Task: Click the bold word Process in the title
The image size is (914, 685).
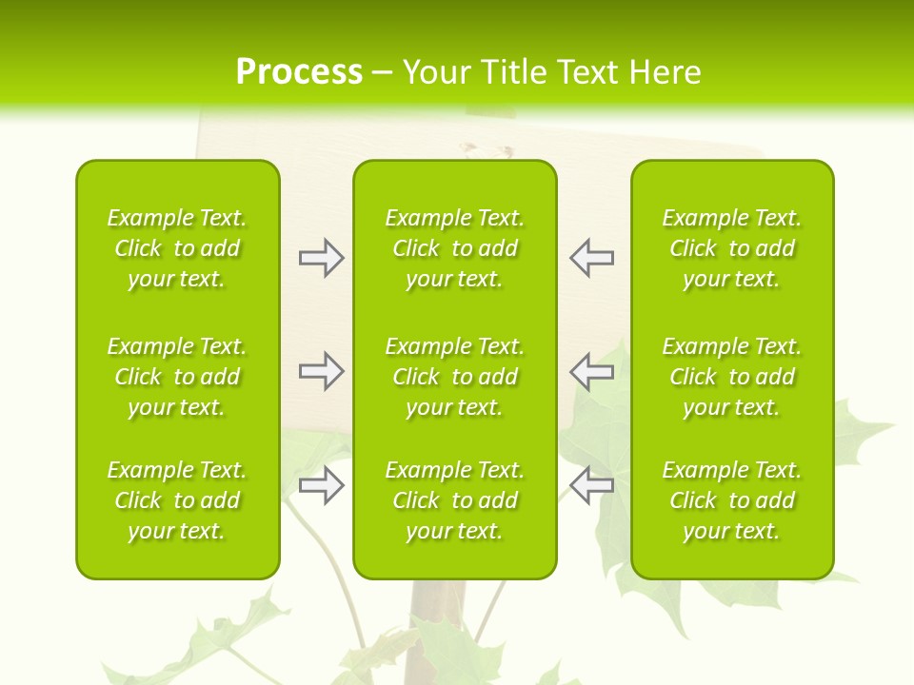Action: [299, 72]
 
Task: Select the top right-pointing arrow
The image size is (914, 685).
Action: [321, 258]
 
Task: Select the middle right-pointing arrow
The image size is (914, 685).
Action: [321, 371]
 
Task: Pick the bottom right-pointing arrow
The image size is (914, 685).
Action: [321, 485]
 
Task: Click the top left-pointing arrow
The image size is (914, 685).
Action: [591, 258]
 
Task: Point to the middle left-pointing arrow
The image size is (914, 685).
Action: [591, 371]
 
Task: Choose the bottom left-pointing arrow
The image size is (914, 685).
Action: [591, 485]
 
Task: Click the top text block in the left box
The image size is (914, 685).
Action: [177, 248]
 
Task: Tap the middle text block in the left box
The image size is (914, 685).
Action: [177, 377]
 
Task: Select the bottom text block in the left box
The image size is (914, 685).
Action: [177, 500]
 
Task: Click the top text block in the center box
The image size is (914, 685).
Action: [454, 248]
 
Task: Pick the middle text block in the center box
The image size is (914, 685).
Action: [454, 377]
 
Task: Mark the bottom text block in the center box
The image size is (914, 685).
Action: [454, 500]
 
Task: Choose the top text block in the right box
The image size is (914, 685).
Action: [731, 248]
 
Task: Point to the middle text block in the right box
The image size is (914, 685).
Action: [731, 377]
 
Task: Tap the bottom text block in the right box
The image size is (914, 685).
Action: [731, 500]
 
